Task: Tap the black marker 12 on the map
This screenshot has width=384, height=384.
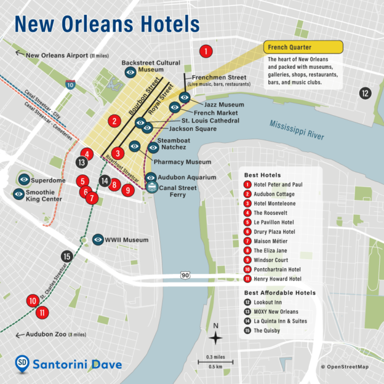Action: click(365, 94)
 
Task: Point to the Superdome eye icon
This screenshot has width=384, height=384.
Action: click(24, 179)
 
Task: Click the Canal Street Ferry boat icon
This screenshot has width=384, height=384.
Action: click(151, 188)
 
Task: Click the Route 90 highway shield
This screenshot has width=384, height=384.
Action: click(185, 275)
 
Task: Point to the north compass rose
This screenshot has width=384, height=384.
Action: click(215, 337)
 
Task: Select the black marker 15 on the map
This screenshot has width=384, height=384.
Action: click(67, 257)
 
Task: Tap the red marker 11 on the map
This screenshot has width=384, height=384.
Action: click(42, 312)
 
